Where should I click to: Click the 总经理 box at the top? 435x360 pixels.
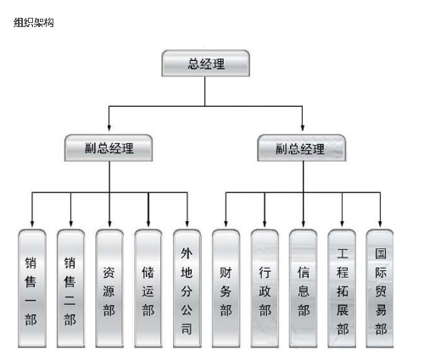click(x=205, y=64)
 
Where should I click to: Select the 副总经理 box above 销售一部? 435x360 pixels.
click(x=109, y=148)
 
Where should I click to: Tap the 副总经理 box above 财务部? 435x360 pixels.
click(x=301, y=148)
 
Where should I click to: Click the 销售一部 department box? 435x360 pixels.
click(x=32, y=288)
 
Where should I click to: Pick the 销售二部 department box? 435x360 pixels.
click(x=70, y=288)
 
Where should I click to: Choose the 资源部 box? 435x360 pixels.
click(x=109, y=288)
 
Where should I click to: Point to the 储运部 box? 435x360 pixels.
click(x=148, y=288)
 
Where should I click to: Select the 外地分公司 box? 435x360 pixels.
click(x=187, y=288)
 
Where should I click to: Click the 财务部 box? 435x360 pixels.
click(x=226, y=288)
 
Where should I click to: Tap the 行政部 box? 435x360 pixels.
click(x=265, y=288)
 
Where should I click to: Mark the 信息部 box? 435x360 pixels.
click(x=303, y=288)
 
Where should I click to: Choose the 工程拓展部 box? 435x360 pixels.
click(x=342, y=288)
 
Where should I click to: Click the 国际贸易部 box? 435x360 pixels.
click(x=380, y=288)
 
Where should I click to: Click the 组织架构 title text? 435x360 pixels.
click(x=34, y=22)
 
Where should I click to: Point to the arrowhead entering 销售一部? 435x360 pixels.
click(x=32, y=224)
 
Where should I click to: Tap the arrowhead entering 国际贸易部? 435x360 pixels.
click(x=380, y=224)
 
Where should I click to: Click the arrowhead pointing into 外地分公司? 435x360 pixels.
click(x=187, y=224)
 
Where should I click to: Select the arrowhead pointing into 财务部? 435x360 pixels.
click(x=226, y=224)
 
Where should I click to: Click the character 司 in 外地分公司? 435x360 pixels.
click(x=187, y=329)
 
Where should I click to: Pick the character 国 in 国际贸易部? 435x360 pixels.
click(x=381, y=253)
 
